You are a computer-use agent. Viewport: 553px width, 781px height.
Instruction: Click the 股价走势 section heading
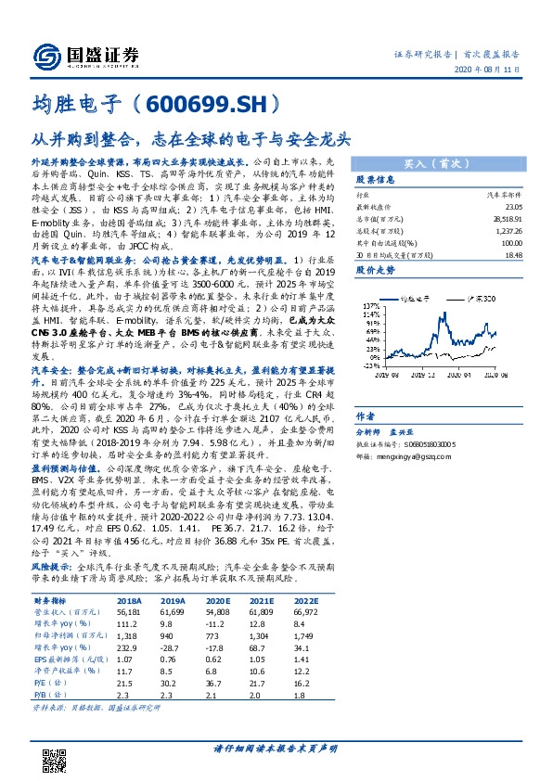click(x=377, y=270)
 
